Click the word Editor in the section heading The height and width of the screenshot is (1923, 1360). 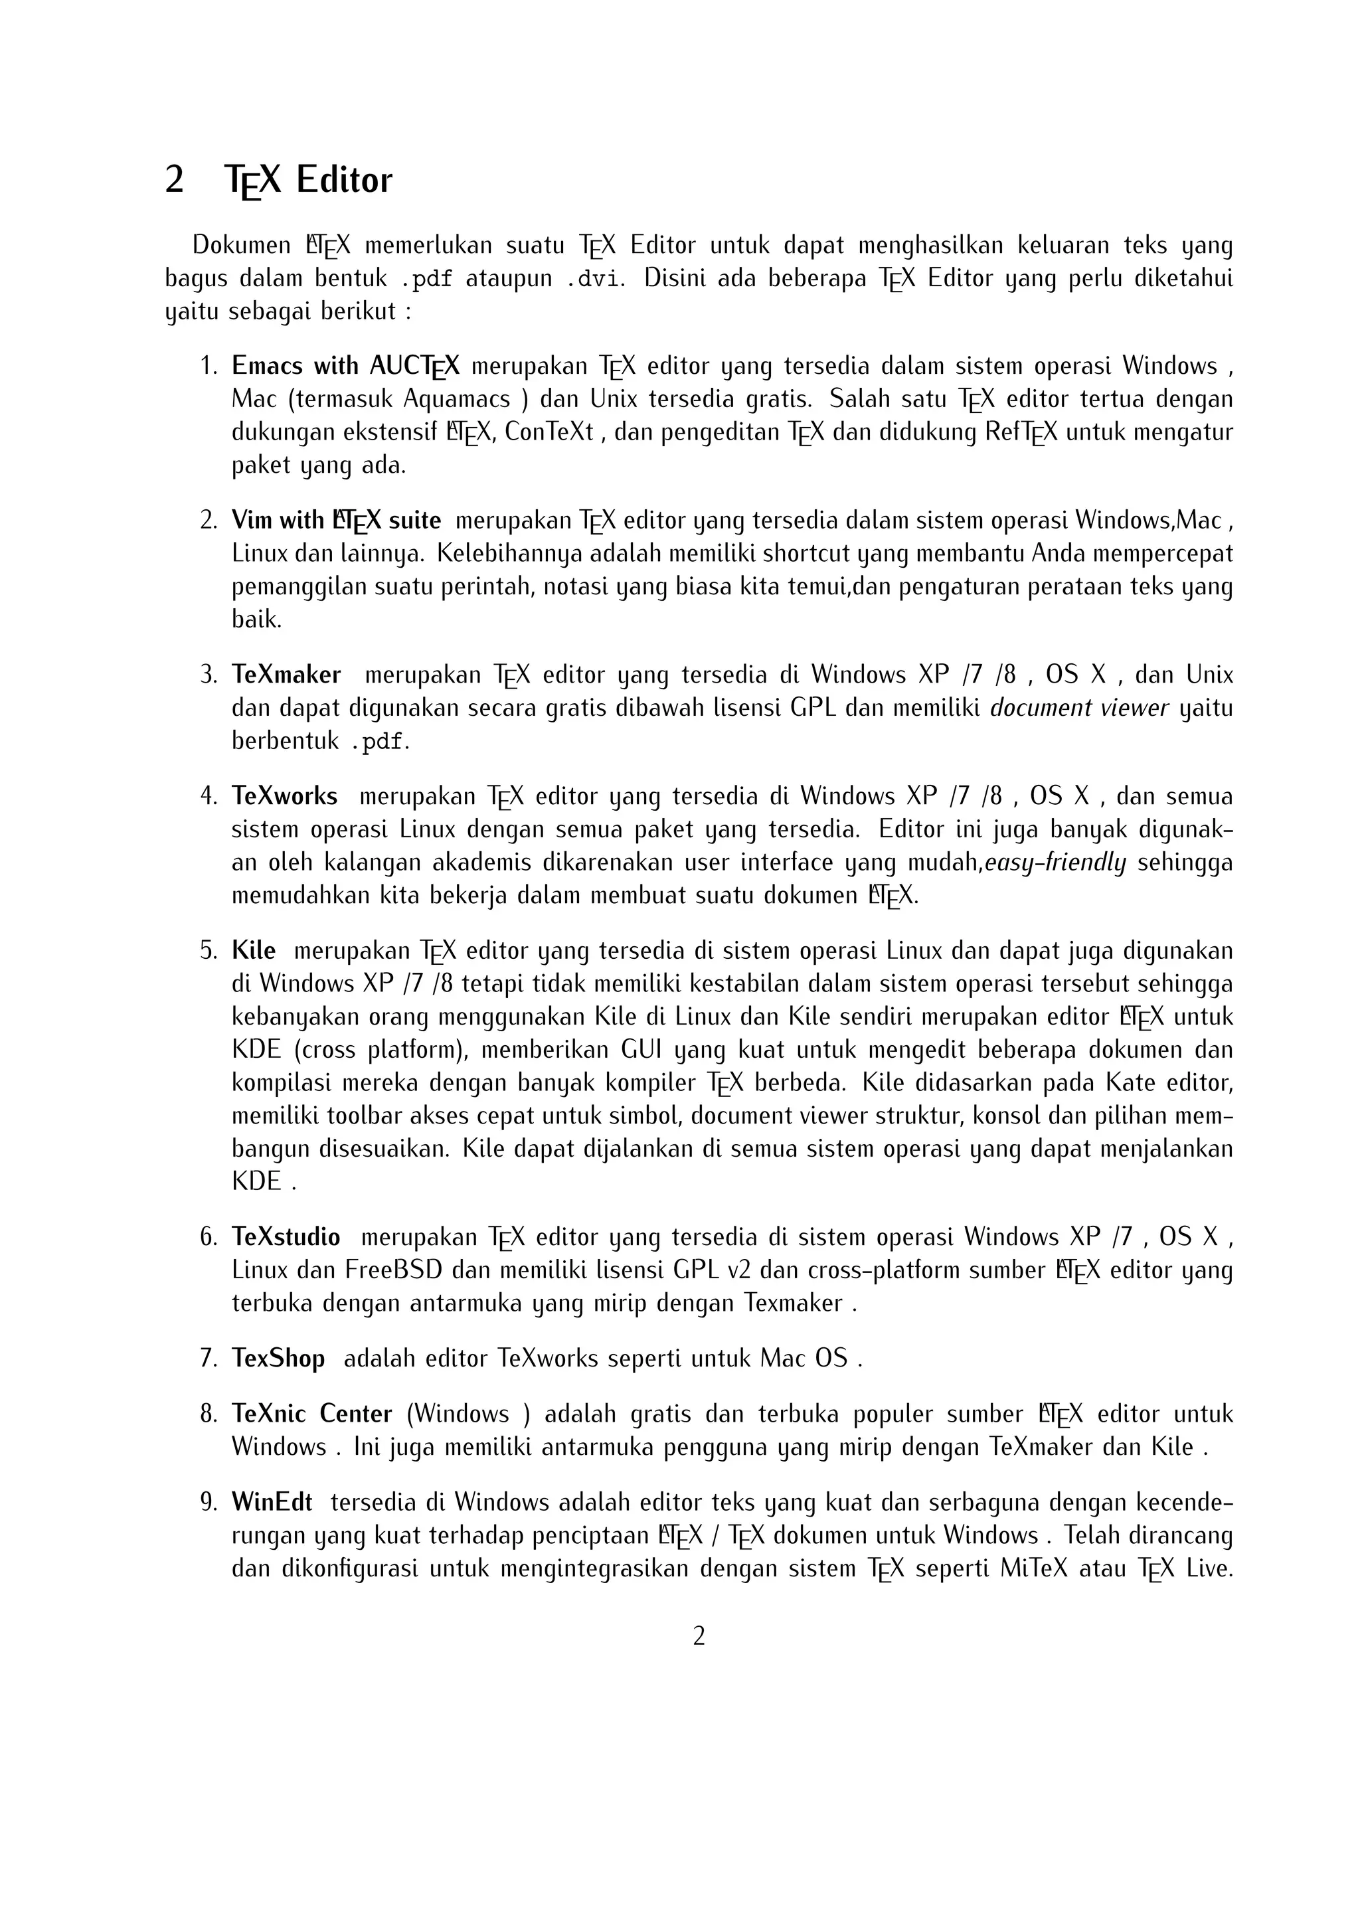(x=343, y=181)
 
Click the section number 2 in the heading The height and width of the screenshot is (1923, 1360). (x=174, y=181)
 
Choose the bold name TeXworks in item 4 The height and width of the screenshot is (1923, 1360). (x=285, y=795)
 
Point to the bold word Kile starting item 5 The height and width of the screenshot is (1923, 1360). (x=254, y=951)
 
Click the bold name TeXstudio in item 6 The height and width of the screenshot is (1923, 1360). (x=286, y=1237)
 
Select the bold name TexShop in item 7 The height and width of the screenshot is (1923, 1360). (x=278, y=1358)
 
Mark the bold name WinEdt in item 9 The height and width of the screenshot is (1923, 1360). (x=272, y=1503)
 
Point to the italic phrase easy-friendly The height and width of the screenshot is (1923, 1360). (x=1055, y=863)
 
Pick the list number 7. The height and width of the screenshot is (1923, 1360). (x=209, y=1358)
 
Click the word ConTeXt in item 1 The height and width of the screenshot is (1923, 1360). (x=549, y=432)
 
